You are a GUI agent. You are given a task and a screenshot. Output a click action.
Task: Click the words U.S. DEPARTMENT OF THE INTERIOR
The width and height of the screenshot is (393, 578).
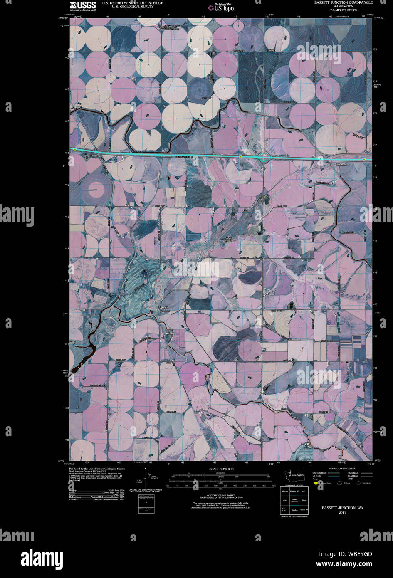[x=127, y=3]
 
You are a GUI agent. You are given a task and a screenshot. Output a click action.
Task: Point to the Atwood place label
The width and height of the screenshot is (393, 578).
[x=76, y=108]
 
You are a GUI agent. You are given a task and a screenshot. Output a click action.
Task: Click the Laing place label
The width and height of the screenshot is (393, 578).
[x=271, y=50]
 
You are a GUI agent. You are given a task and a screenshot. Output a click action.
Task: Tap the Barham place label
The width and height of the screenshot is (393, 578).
[x=341, y=165]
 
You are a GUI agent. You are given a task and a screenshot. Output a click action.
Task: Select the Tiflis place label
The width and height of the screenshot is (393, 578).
[x=234, y=214]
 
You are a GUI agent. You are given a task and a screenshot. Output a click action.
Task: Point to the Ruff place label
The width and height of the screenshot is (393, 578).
[x=169, y=333]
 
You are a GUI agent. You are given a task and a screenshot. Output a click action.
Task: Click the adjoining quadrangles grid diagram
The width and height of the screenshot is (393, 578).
[x=294, y=501]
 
